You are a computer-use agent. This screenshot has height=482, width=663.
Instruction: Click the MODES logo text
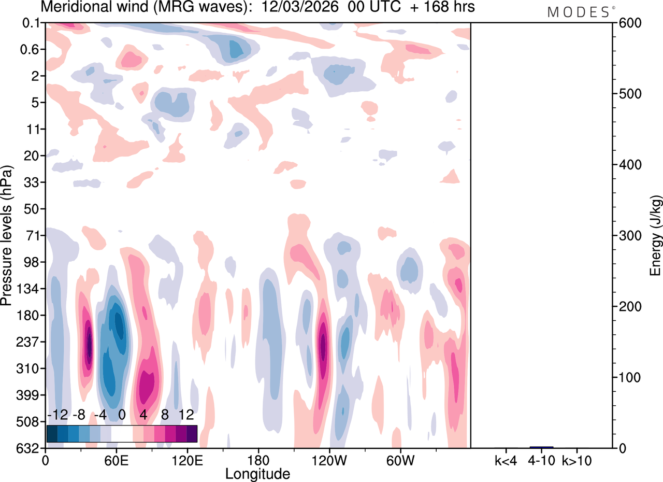point(578,12)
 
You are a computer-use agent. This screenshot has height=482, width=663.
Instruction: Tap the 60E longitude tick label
point(116,460)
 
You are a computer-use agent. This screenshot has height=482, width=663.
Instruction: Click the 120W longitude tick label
point(328,460)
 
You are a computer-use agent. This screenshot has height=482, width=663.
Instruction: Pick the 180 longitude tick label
point(258,460)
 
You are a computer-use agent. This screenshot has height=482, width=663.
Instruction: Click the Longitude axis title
point(257,473)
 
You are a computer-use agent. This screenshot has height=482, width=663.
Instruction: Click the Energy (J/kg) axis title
point(656,236)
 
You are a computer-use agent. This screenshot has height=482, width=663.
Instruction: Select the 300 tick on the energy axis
point(627,236)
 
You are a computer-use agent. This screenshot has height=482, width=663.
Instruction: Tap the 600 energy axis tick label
point(627,23)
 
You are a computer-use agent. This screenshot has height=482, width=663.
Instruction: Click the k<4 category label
point(506,460)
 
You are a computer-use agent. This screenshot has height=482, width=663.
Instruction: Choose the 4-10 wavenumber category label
point(541,460)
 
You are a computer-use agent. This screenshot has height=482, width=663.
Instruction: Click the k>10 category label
point(577,460)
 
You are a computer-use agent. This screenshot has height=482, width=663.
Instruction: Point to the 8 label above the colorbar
point(165,415)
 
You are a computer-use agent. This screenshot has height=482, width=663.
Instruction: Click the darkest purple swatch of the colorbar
point(192,434)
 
